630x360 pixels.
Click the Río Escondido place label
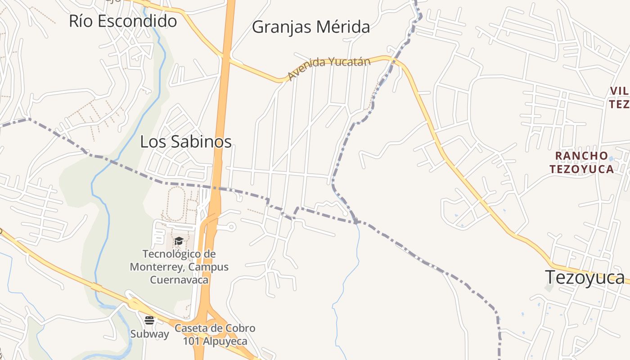123,21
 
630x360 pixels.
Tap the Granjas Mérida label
311,27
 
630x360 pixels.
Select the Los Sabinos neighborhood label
186,142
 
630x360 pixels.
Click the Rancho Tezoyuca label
584,162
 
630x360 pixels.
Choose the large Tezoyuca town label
585,277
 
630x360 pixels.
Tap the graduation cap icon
179,241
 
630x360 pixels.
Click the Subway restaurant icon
149,320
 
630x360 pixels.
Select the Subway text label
150,334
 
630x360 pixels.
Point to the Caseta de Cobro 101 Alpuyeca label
215,335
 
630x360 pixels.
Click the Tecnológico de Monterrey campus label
179,267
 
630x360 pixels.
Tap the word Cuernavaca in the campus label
179,280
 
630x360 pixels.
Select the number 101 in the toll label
190,342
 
